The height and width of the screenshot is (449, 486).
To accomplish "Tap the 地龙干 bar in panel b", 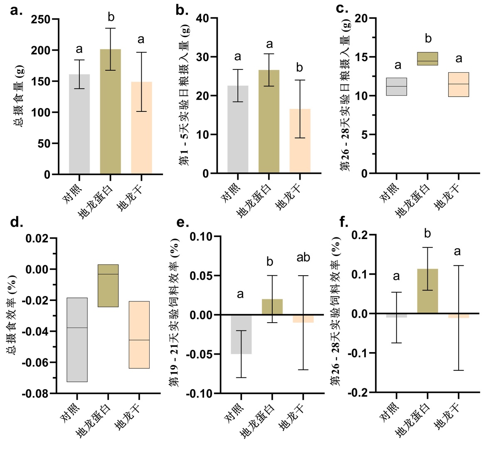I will pyautogui.click(x=300, y=141).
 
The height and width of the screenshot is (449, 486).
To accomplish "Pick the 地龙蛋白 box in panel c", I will pyautogui.click(x=428, y=59).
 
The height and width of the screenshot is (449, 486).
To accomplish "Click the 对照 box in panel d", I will pyautogui.click(x=77, y=340).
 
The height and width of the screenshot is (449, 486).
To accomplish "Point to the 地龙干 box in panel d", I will pyautogui.click(x=139, y=335).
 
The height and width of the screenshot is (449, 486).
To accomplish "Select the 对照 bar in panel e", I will pyautogui.click(x=241, y=334).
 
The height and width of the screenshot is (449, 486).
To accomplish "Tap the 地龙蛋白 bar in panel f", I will pyautogui.click(x=427, y=291).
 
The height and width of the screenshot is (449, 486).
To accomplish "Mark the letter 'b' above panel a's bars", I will pyautogui.click(x=111, y=17).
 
